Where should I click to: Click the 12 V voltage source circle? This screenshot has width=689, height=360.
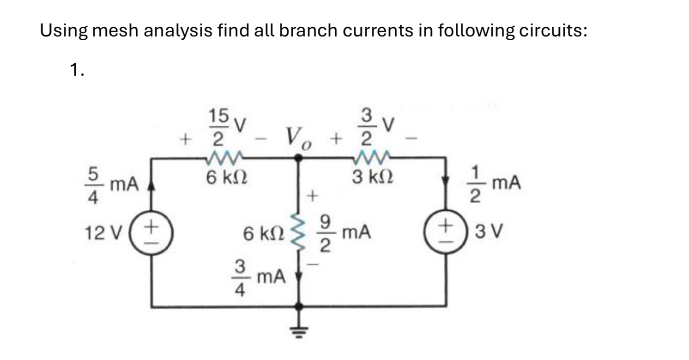point(152,230)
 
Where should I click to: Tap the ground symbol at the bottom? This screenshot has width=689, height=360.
point(299,329)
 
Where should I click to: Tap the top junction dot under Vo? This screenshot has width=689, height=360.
point(299,159)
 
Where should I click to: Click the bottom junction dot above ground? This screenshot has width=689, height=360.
point(299,306)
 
